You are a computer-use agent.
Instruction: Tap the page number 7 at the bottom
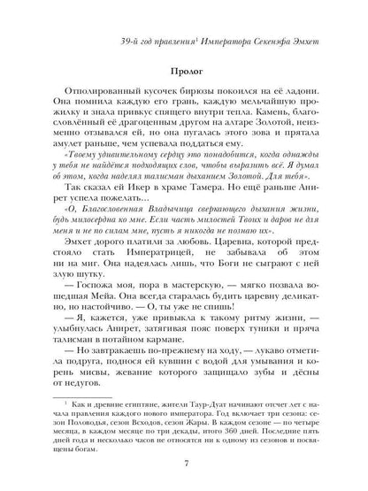point(184,465)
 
